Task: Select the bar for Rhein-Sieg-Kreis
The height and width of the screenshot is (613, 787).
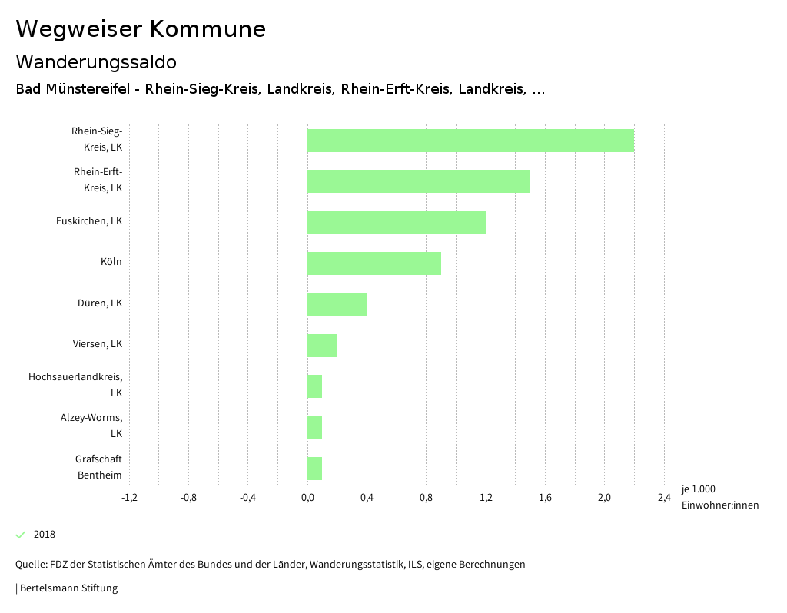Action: point(470,141)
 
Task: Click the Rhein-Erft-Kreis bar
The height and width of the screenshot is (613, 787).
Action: point(419,181)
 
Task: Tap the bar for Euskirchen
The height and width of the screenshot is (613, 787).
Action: point(397,223)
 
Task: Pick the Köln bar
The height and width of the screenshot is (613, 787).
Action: point(374,263)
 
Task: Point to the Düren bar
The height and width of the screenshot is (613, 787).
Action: point(337,304)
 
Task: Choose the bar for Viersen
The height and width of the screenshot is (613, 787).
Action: point(322,346)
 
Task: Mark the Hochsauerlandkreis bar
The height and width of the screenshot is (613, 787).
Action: point(315,386)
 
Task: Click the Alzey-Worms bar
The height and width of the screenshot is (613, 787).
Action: point(315,427)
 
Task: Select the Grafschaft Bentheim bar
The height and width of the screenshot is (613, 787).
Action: point(315,469)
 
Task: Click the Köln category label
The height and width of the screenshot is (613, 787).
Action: point(111,262)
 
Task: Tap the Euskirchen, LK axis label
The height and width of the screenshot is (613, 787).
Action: point(89,221)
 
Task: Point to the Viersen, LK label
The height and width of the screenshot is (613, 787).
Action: point(93,343)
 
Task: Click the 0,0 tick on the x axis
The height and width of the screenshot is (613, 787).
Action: point(307,498)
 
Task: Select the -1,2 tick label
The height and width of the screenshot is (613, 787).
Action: point(129,498)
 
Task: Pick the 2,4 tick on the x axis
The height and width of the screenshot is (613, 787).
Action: point(664,498)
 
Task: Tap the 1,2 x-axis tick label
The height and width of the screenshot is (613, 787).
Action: point(486,498)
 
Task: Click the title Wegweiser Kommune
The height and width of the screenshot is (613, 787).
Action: point(141,29)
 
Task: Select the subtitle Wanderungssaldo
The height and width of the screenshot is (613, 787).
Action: point(96,61)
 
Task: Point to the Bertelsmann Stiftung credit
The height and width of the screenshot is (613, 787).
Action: point(68,588)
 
